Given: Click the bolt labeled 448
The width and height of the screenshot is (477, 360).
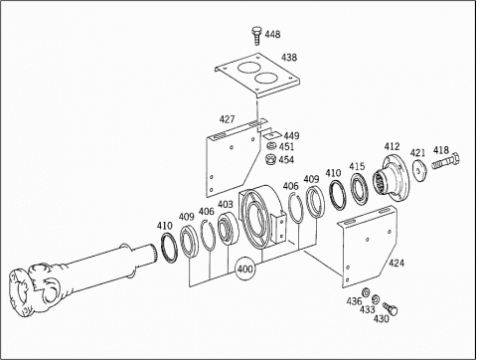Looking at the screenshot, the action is tap(256, 36).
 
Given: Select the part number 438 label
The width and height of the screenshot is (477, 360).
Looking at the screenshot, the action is tap(289, 58).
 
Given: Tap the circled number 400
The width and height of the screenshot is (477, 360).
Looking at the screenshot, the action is tap(244, 269).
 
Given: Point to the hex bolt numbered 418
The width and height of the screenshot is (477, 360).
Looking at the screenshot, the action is tap(446, 161).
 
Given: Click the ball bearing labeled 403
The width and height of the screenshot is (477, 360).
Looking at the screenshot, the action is tap(228, 229).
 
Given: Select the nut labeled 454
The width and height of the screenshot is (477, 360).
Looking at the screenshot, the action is tap(270, 159).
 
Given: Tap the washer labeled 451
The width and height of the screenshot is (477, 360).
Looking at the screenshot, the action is tap(271, 146).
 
